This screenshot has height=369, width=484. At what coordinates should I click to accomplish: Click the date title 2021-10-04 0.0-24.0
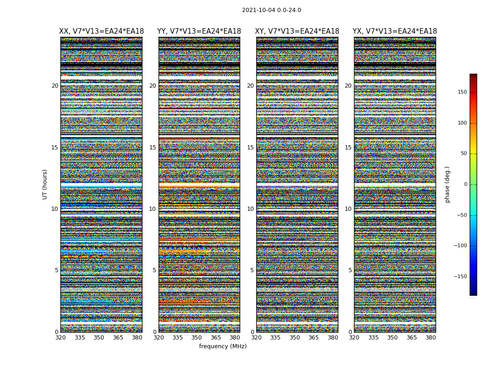pyautogui.click(x=272, y=10)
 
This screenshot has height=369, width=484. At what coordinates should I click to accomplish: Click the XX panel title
pyautogui.click(x=101, y=31)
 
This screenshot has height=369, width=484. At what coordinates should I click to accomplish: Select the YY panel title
pyautogui.click(x=199, y=31)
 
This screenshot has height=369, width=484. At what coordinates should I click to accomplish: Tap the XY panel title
pyautogui.click(x=297, y=31)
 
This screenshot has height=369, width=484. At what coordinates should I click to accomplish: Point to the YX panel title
pyautogui.click(x=395, y=31)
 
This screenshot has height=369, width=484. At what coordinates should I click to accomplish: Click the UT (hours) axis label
pyautogui.click(x=45, y=184)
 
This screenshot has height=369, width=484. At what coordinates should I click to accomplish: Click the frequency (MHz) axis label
pyautogui.click(x=223, y=346)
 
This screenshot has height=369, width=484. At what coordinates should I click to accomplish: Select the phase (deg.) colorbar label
pyautogui.click(x=447, y=184)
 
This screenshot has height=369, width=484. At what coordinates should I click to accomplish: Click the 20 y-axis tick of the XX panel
pyautogui.click(x=55, y=86)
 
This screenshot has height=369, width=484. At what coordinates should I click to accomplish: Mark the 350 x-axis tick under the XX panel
pyautogui.click(x=99, y=338)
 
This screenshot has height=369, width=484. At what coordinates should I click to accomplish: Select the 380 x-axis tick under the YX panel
pyautogui.click(x=431, y=338)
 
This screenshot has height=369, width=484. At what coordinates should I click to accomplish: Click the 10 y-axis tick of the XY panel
pyautogui.click(x=250, y=209)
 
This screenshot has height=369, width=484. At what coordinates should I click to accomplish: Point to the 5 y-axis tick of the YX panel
pyautogui.click(x=350, y=270)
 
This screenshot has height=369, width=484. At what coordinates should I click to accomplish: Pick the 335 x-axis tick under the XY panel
pyautogui.click(x=275, y=338)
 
